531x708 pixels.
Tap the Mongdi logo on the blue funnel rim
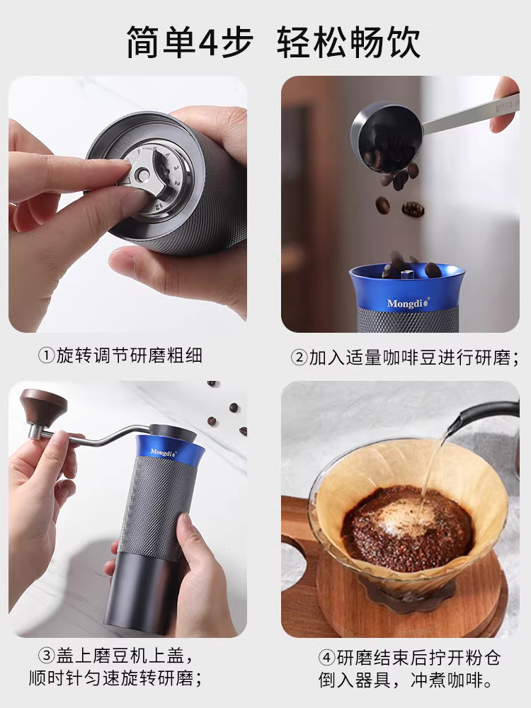tap(404, 303)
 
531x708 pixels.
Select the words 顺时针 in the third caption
tap(58, 680)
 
